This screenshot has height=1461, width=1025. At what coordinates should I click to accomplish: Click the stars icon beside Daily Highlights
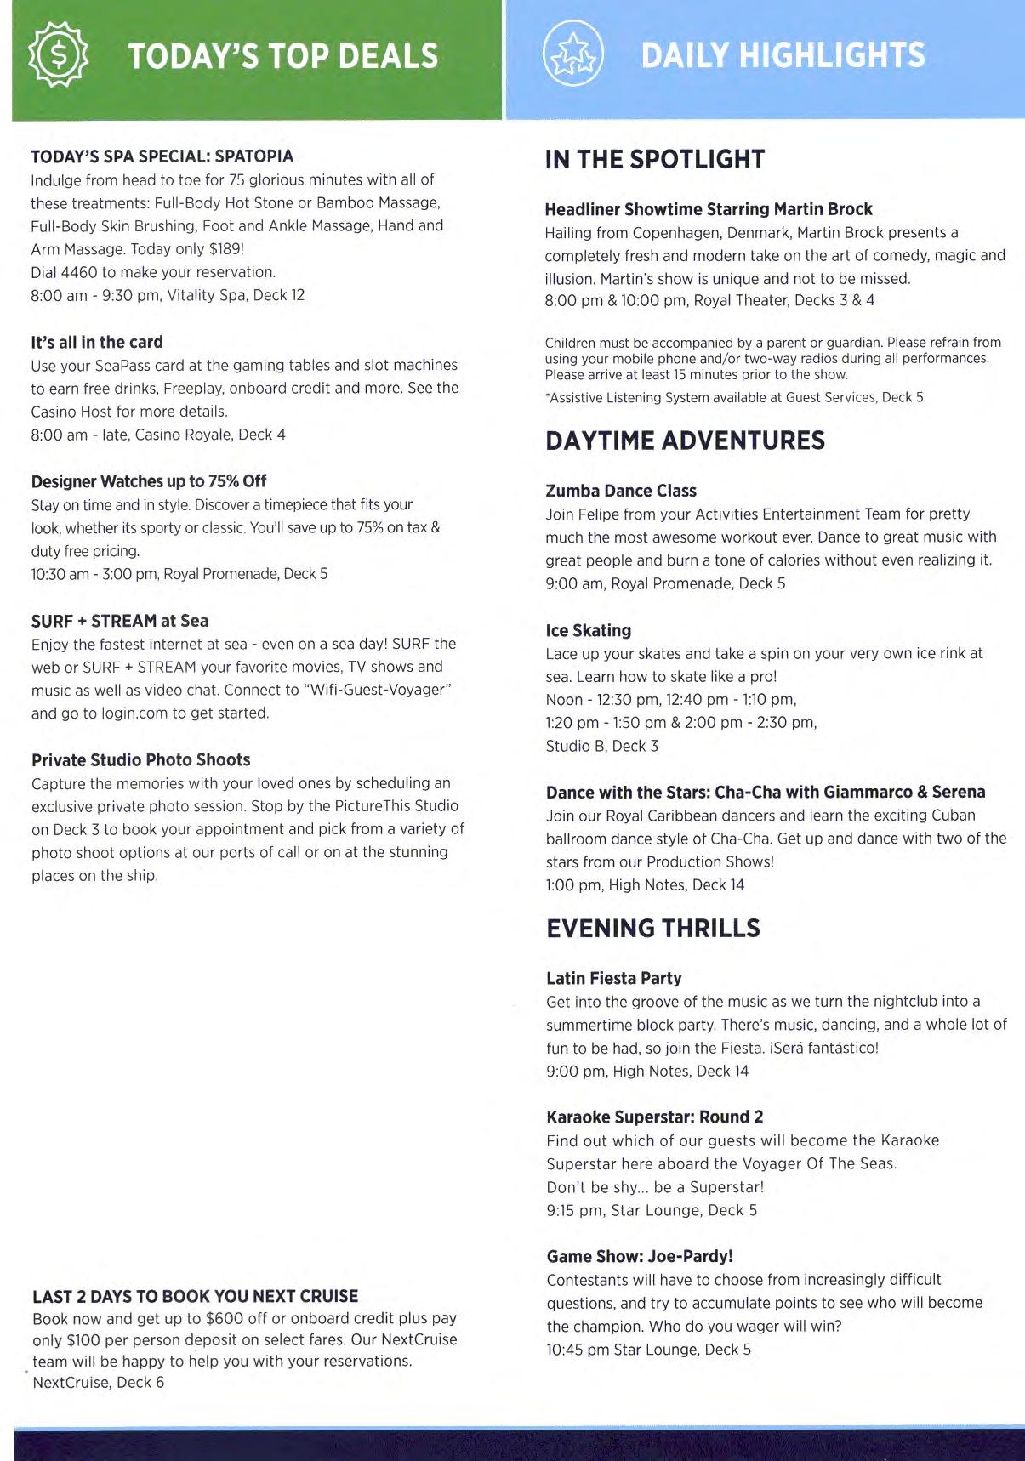[x=572, y=55]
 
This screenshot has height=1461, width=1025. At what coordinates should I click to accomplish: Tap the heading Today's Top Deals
[x=282, y=56]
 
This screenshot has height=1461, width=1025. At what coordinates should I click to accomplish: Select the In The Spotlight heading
[x=655, y=160]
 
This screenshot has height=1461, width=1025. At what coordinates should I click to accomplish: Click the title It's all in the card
[x=97, y=342]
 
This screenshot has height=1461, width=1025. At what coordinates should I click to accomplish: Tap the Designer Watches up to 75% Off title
[x=149, y=481]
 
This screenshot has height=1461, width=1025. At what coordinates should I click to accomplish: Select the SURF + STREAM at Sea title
[x=120, y=621]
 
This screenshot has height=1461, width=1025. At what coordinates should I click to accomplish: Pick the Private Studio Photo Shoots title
[x=141, y=760]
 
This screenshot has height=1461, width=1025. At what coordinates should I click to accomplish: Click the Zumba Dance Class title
[x=621, y=491]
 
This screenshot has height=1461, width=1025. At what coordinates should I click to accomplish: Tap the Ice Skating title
[x=589, y=630]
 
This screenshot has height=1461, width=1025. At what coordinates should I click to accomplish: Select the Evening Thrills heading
[x=653, y=928]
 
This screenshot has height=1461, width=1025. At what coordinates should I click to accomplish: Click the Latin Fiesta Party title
[x=614, y=978]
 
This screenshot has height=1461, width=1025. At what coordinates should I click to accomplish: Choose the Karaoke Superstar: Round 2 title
[x=655, y=1117]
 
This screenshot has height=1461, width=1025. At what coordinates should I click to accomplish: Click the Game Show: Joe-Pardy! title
[x=640, y=1256]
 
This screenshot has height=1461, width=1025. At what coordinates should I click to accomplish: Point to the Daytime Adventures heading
[x=686, y=441]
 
